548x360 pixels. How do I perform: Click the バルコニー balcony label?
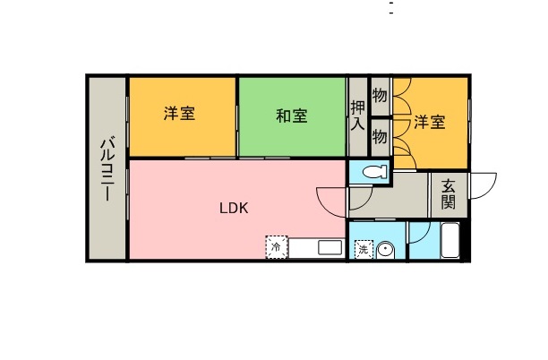pos(107,169)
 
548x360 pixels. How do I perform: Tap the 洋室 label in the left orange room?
pos(181,115)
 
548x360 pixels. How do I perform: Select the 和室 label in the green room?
pos(292,116)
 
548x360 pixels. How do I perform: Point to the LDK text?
pos(235,208)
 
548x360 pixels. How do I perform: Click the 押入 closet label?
pos(357,116)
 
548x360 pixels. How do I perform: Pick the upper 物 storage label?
pos(380,95)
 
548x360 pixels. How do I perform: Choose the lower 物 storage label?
pos(380,137)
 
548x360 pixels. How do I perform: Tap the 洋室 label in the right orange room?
pos(429,122)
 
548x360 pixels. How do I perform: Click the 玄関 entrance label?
pos(448,194)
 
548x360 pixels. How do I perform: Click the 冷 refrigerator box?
pos(277,246)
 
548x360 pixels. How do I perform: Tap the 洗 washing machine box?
pos(364,250)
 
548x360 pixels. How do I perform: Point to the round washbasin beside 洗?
pos(386,250)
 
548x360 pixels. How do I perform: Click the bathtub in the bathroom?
pos(450,243)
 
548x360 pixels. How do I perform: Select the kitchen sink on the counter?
pos(330,248)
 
